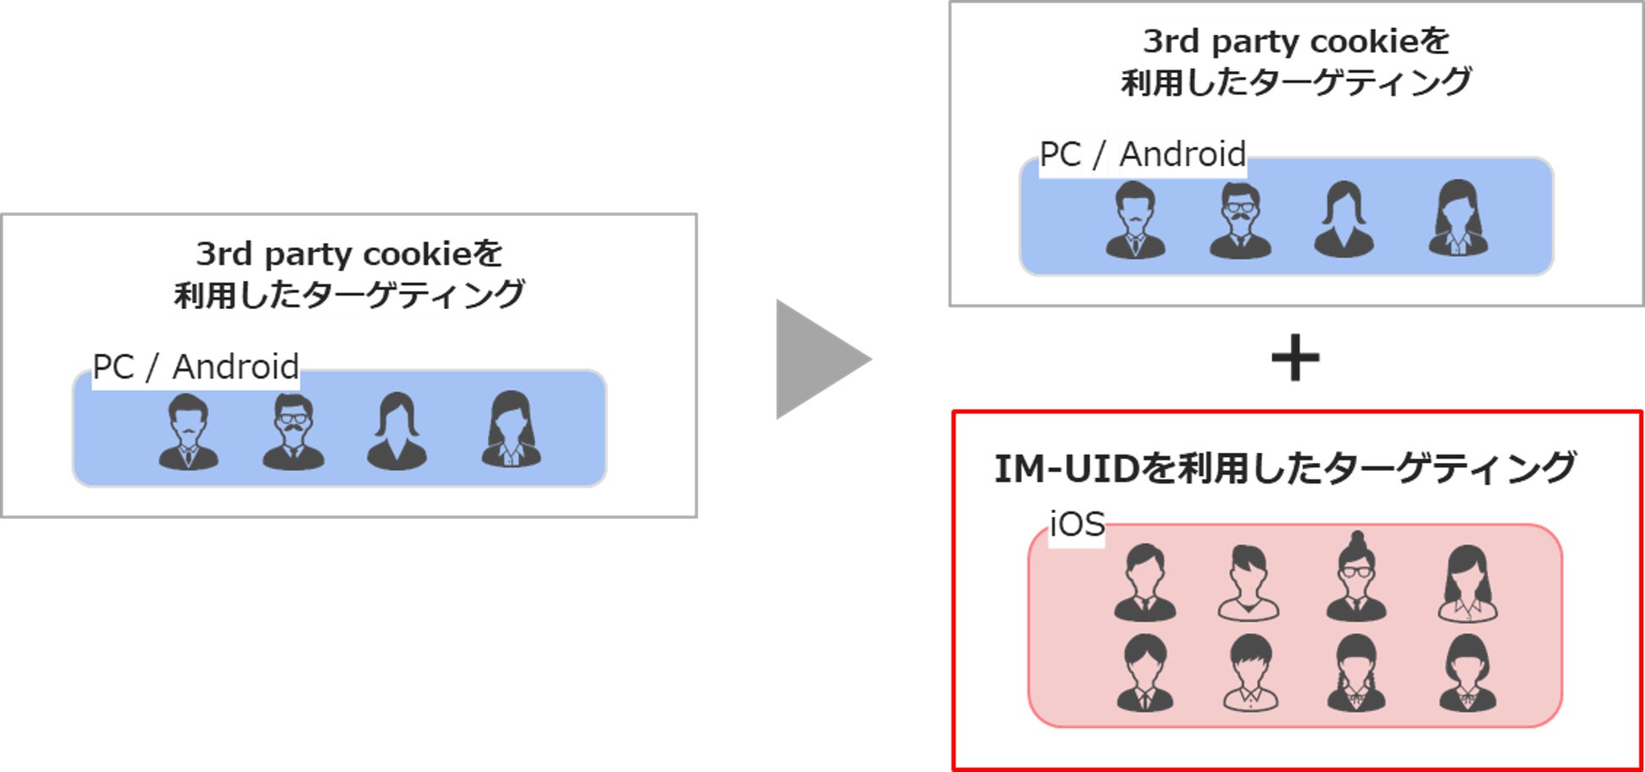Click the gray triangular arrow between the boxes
click(817, 359)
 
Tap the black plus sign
click(1295, 358)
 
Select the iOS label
click(1077, 525)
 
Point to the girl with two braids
click(1356, 674)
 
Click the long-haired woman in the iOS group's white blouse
click(1467, 584)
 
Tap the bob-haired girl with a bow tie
click(1467, 674)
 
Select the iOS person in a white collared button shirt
click(1250, 674)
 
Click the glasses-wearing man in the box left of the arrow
click(293, 432)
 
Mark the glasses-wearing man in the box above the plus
click(1240, 220)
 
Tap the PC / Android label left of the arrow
click(196, 367)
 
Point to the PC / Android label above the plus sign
click(1142, 155)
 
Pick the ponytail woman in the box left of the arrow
click(396, 432)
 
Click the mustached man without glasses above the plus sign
click(1135, 220)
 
